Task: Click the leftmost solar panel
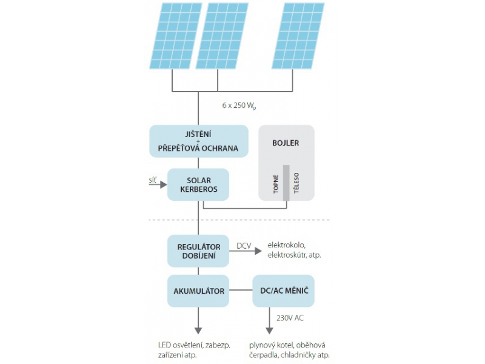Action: (x=176, y=36)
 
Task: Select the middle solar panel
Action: (x=222, y=36)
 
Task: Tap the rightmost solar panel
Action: (x=298, y=36)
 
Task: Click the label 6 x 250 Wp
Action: (x=239, y=106)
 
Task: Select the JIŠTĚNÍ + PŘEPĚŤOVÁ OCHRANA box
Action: (x=199, y=141)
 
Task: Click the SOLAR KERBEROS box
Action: (x=198, y=184)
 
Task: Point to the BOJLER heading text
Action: (x=286, y=143)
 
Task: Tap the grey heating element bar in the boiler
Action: (x=286, y=183)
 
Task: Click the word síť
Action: (x=153, y=180)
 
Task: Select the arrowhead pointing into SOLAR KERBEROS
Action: (x=164, y=185)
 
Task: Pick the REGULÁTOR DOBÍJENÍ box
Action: (x=198, y=251)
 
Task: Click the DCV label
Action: (x=244, y=246)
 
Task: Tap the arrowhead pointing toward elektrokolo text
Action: (x=258, y=251)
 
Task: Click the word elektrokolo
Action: (x=286, y=245)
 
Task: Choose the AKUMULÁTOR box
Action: (x=198, y=291)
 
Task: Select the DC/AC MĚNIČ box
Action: (x=284, y=291)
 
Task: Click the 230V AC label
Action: (x=290, y=318)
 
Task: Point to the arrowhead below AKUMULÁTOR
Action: (x=198, y=331)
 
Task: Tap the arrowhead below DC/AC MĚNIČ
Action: (x=269, y=331)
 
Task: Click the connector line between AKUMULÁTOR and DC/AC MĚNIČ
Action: (x=241, y=291)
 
